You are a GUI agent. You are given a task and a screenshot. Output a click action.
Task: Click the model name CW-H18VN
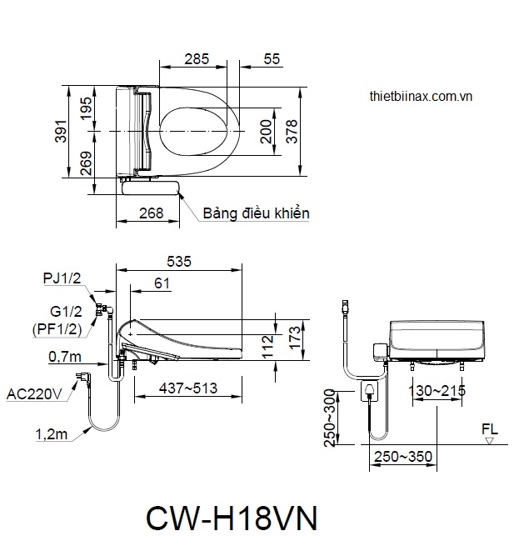pyautogui.click(x=231, y=518)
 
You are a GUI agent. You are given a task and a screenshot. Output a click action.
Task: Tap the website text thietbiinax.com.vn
pyautogui.click(x=421, y=96)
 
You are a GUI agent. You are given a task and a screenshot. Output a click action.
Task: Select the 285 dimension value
pyautogui.click(x=197, y=59)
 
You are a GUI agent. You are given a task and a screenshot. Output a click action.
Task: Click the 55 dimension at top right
pyautogui.click(x=272, y=59)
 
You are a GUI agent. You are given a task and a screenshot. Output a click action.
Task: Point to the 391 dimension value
pyautogui.click(x=61, y=132)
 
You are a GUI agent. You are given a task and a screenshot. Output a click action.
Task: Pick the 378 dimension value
pyautogui.click(x=292, y=132)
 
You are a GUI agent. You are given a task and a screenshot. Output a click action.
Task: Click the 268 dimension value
pyautogui.click(x=151, y=213)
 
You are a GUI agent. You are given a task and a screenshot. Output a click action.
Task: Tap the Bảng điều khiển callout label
pyautogui.click(x=256, y=213)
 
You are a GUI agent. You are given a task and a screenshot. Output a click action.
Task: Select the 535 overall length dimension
pyautogui.click(x=178, y=262)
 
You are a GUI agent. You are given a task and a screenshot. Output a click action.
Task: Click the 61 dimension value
pyautogui.click(x=162, y=283)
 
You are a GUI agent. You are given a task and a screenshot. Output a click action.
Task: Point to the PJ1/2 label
pyautogui.click(x=62, y=278)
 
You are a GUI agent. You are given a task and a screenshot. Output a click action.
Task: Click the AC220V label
pyautogui.click(x=34, y=393)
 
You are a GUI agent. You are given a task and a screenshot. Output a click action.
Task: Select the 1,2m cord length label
pyautogui.click(x=52, y=433)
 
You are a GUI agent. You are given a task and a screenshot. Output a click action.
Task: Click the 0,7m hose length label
pyautogui.click(x=66, y=357)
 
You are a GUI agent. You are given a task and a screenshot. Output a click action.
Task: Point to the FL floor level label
pyautogui.click(x=489, y=429)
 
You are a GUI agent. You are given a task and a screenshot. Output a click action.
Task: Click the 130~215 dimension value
pyautogui.click(x=437, y=390)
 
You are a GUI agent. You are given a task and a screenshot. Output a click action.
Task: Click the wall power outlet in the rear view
pyautogui.click(x=369, y=389)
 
